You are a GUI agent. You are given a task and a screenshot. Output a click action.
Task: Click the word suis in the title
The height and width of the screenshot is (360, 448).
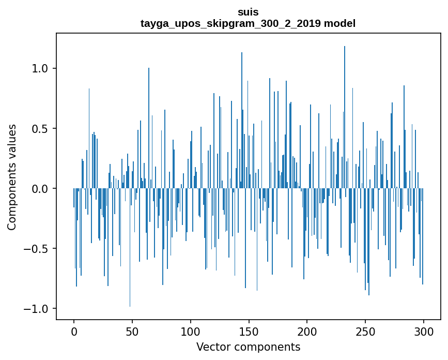pyautogui.click(x=248, y=11)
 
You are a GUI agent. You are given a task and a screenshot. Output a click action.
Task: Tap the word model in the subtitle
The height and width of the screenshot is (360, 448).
pyautogui.click(x=339, y=23)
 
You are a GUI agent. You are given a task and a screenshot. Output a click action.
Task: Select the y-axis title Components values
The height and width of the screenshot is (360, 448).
pyautogui.click(x=12, y=177)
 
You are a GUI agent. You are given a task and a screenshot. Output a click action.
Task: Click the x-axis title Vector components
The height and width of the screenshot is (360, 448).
pyautogui.click(x=248, y=347)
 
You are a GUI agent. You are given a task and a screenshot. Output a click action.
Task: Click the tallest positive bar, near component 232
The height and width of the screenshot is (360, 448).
pyautogui.click(x=345, y=114)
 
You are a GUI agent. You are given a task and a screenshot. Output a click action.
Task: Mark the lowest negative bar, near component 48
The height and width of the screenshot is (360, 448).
pyautogui.click(x=130, y=248)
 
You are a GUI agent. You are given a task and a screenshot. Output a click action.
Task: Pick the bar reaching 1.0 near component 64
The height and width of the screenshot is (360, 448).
pyautogui.click(x=149, y=129)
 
